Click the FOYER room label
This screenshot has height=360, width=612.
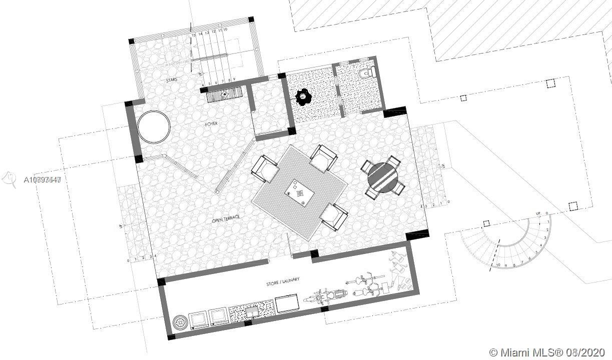(x=211, y=123)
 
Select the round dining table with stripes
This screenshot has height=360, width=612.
(x=383, y=177)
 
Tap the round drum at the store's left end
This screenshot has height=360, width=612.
(x=179, y=322)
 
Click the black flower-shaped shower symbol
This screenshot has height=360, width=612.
(x=303, y=96)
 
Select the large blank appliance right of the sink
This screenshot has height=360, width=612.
(x=287, y=303)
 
